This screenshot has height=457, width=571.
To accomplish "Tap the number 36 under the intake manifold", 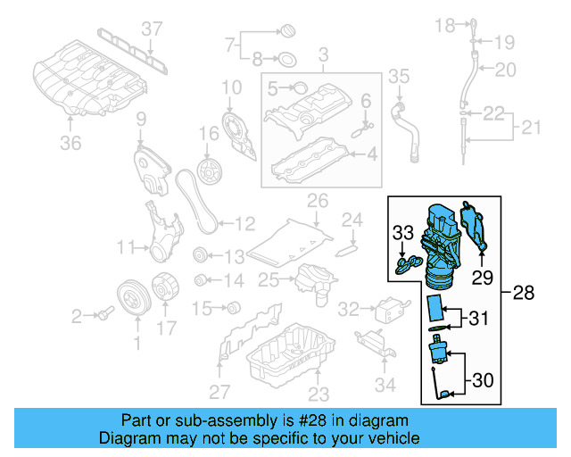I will [70, 142].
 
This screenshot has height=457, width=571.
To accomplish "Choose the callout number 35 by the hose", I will [398, 77].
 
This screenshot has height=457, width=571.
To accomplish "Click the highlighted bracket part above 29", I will [475, 228].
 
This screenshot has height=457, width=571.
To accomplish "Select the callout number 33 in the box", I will [403, 235].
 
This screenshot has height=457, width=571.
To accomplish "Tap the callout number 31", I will [479, 317].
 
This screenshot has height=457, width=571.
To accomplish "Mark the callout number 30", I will [482, 380].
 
